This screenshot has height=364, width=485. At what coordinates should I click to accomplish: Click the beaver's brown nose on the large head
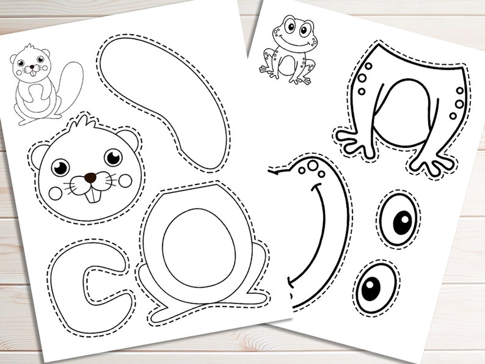click(90, 178)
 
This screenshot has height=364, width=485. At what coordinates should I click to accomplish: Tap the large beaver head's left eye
click(60, 167)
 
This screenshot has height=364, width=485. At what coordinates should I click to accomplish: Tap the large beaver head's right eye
click(113, 157)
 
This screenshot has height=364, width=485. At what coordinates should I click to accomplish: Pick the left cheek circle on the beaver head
click(56, 192)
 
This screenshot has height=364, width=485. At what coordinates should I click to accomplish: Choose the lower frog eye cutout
click(372, 287)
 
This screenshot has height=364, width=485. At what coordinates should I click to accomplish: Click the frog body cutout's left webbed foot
click(360, 142)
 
